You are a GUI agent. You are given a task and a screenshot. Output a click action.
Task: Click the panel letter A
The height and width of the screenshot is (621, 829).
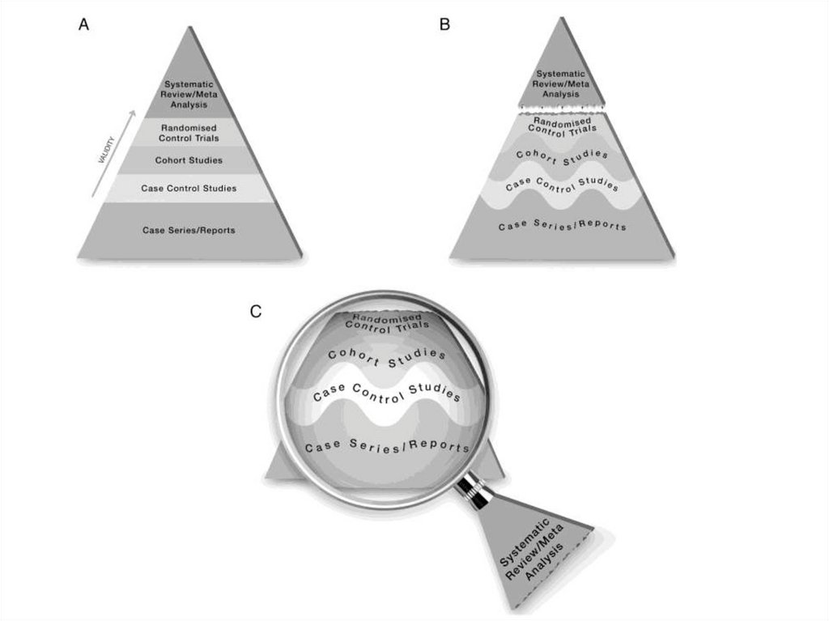[83, 25]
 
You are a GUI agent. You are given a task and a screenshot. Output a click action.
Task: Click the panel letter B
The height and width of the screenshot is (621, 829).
[444, 25]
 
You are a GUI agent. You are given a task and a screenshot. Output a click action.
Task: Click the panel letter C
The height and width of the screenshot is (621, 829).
[256, 311]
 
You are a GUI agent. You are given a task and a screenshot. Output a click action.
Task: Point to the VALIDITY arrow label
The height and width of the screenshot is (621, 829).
[106, 150]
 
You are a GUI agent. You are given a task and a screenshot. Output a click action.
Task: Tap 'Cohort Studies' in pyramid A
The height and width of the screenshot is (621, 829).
[189, 160]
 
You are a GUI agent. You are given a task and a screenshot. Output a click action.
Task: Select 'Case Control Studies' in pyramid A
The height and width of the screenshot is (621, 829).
[189, 189]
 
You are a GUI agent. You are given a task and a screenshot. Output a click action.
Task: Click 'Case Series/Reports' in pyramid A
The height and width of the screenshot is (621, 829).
[189, 230]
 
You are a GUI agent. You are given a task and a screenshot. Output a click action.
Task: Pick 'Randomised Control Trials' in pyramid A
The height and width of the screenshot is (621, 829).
[189, 132]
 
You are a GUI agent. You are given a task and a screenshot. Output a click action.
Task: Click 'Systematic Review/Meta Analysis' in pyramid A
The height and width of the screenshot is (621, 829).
[189, 94]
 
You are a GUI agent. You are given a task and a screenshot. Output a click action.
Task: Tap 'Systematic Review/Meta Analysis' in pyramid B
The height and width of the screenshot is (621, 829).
[561, 83]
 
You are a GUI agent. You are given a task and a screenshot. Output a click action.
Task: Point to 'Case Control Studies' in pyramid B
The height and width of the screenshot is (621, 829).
[562, 183]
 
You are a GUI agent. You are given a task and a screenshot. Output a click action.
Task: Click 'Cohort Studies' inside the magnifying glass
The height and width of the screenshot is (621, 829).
[386, 355]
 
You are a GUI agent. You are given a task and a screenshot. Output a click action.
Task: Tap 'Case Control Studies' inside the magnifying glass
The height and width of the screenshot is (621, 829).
[386, 392]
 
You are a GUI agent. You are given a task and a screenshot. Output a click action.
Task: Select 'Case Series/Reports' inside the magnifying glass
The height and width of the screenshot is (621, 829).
[386, 445]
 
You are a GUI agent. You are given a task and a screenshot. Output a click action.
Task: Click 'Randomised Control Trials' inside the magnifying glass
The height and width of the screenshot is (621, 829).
[386, 321]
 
